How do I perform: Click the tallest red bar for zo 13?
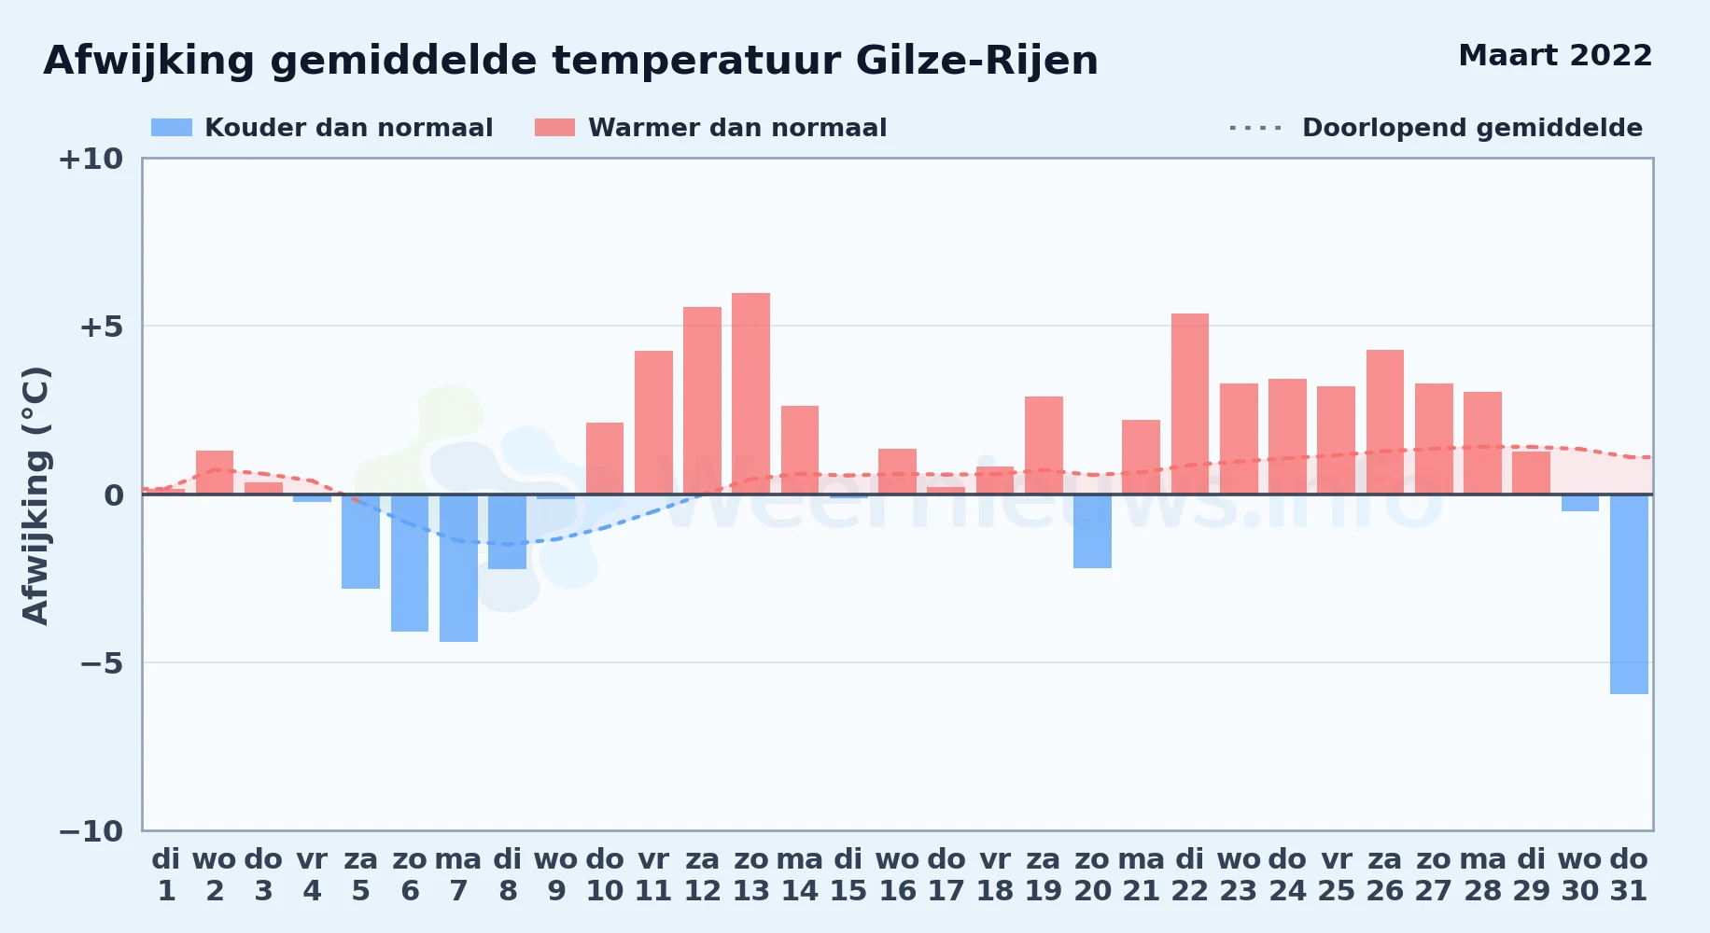coord(750,394)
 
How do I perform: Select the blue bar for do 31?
coord(1629,594)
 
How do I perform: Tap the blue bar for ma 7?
coord(458,568)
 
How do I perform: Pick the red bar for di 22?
coord(1190,404)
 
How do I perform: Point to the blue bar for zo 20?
coord(1092,531)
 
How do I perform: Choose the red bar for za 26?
coord(1385,422)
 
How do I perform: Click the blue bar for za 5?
coord(360,541)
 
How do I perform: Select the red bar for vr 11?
coord(653,423)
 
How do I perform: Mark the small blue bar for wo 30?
coord(1580,503)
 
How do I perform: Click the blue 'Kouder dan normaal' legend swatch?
coord(172,128)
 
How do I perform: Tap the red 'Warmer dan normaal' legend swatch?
coord(554,128)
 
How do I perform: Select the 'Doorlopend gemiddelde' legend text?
coord(1472,128)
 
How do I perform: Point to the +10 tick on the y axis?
coord(91,160)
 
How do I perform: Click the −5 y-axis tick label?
coord(91,663)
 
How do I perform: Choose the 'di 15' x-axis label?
coord(848,875)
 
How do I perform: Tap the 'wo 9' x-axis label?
coord(556,875)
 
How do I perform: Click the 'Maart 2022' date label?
coord(1555,56)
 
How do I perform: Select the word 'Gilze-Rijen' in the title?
coord(976,62)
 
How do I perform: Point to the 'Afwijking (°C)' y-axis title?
coord(35,495)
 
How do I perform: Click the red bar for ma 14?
coord(800,450)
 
